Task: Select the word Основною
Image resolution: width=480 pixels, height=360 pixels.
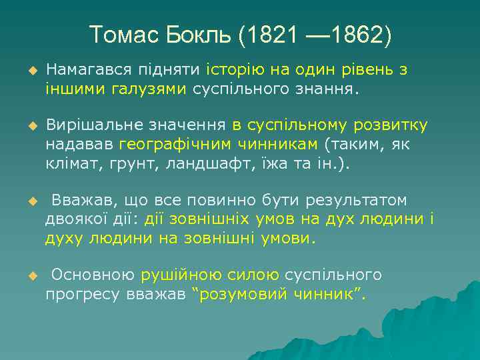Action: pos(93,275)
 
